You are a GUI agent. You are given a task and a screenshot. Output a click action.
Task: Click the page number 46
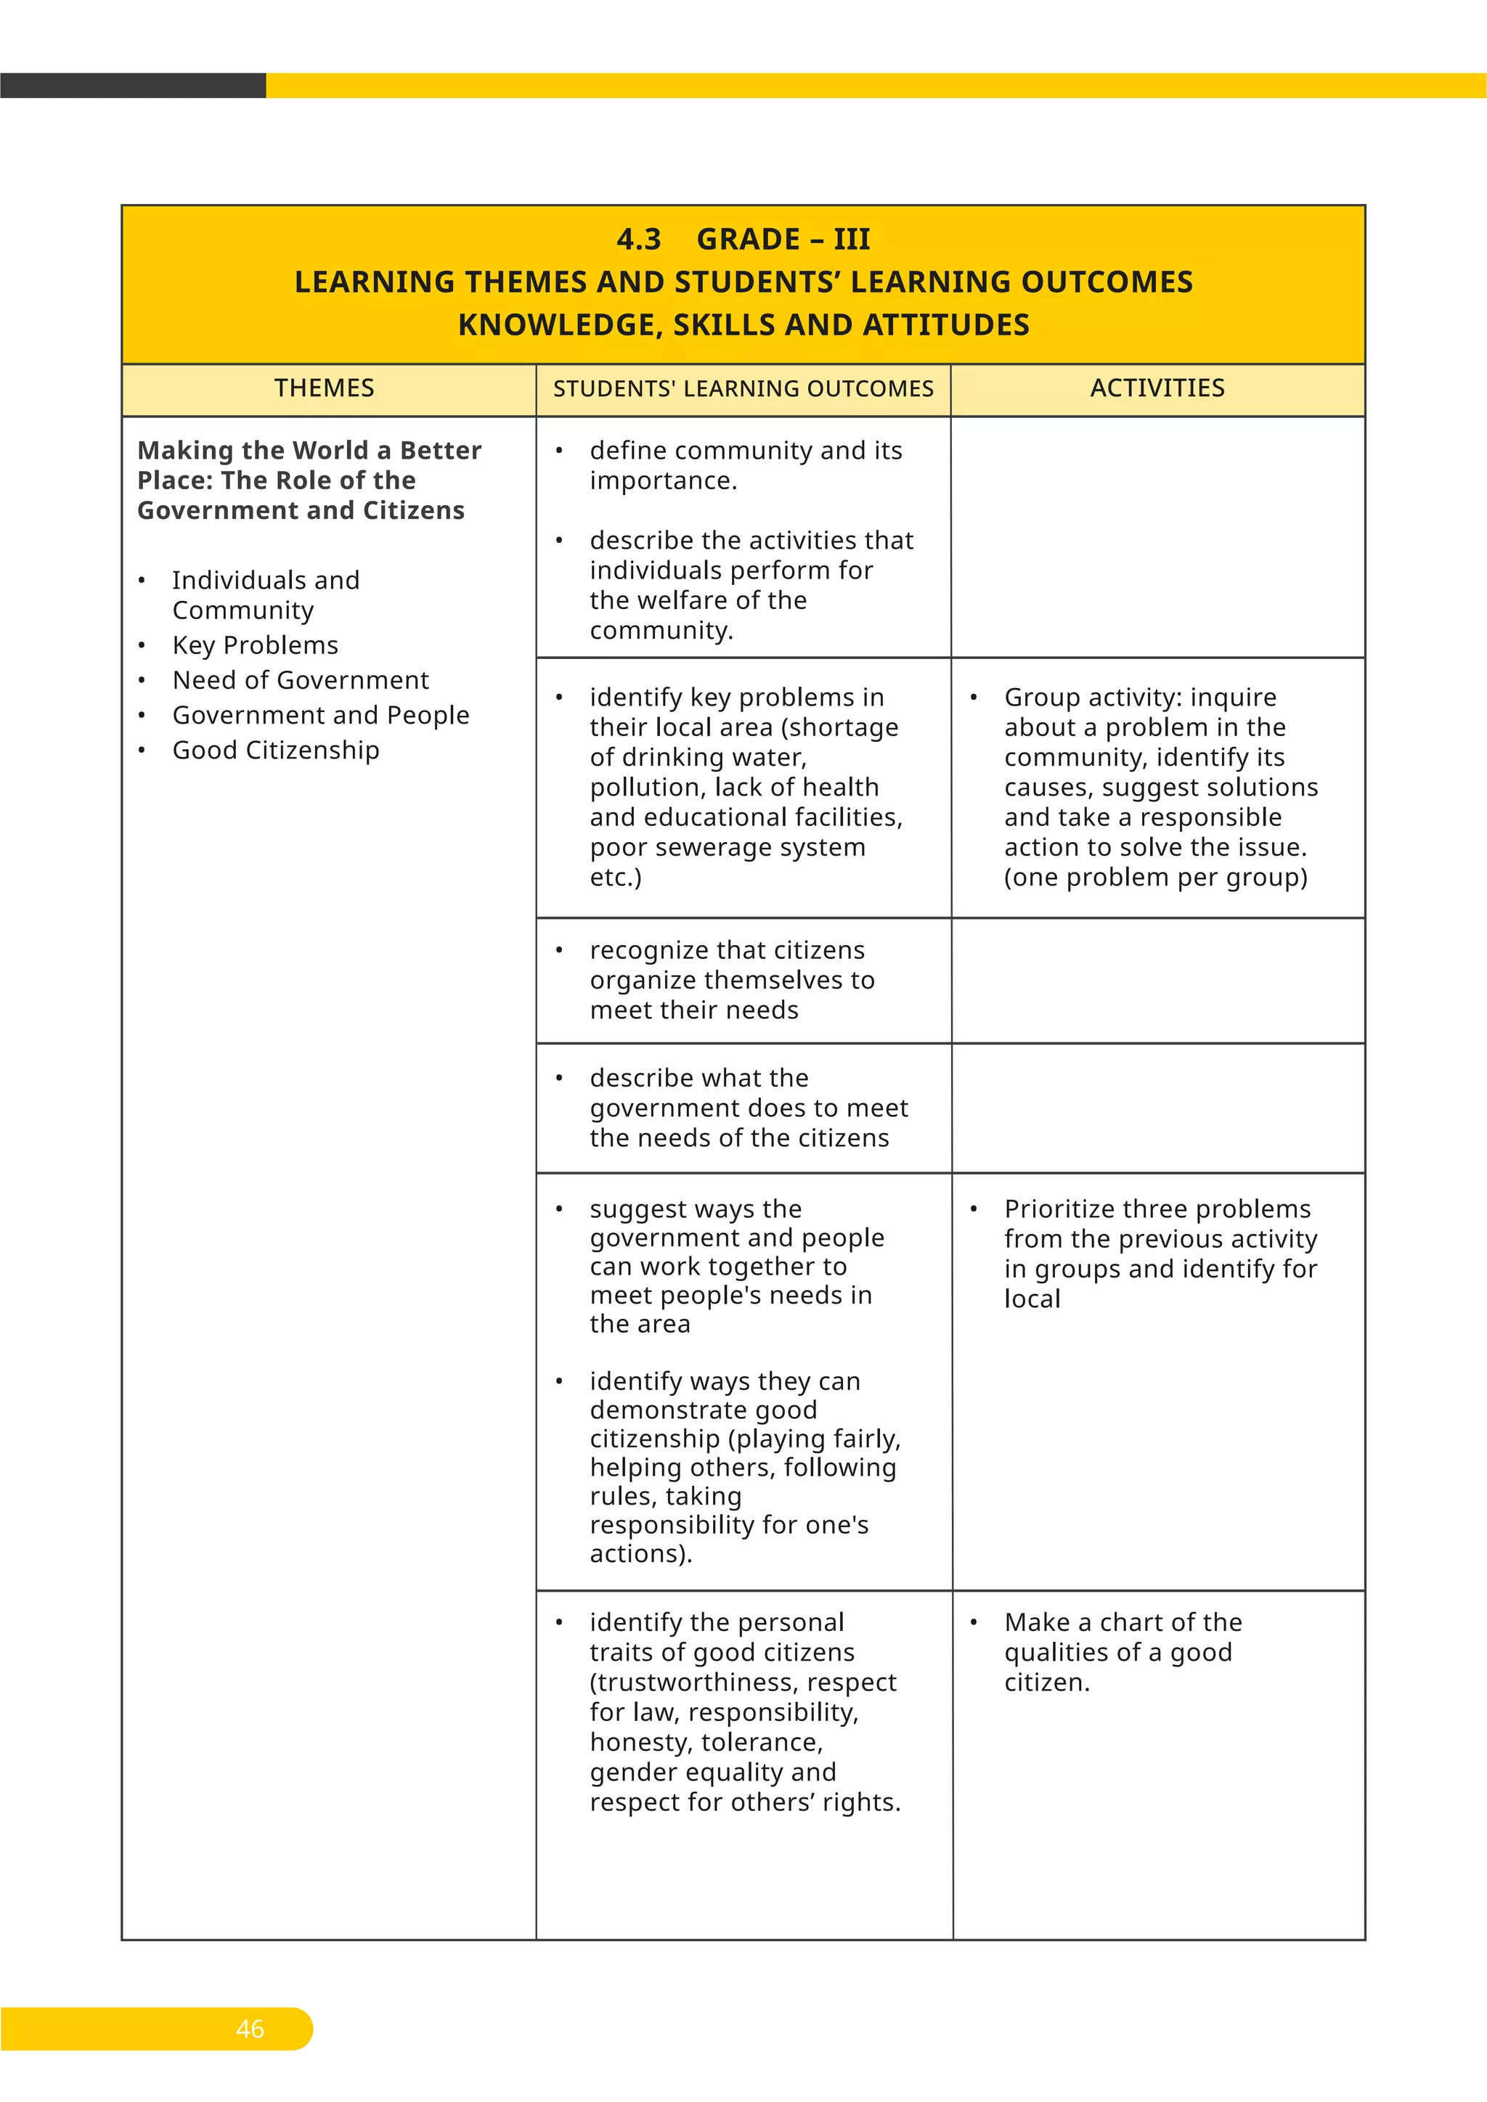click(250, 2028)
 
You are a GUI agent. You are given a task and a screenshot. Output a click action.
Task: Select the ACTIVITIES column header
click(1157, 388)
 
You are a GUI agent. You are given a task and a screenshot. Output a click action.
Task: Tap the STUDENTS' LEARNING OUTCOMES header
click(743, 389)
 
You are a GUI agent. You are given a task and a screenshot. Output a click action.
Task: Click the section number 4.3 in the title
click(638, 240)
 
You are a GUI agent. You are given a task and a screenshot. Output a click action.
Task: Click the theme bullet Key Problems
click(255, 645)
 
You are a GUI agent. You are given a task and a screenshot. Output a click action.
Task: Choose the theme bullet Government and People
click(319, 715)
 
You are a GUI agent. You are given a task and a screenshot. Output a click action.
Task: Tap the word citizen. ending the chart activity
click(1046, 1682)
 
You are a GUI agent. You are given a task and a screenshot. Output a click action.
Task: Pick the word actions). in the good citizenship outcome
click(640, 1553)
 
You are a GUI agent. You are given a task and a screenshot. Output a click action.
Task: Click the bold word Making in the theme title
click(185, 451)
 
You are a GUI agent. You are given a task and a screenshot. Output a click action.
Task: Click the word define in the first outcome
click(632, 451)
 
